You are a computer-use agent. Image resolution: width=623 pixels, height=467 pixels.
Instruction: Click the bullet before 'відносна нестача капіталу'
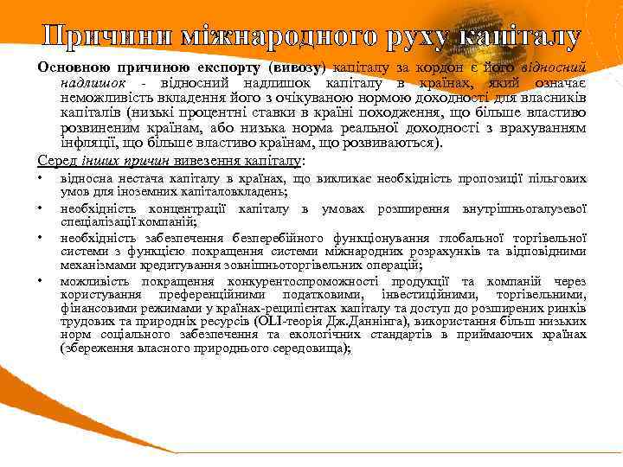41,178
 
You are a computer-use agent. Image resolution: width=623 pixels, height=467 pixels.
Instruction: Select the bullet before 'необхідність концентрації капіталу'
41,208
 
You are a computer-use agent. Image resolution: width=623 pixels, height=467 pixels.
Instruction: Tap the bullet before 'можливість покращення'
41,281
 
